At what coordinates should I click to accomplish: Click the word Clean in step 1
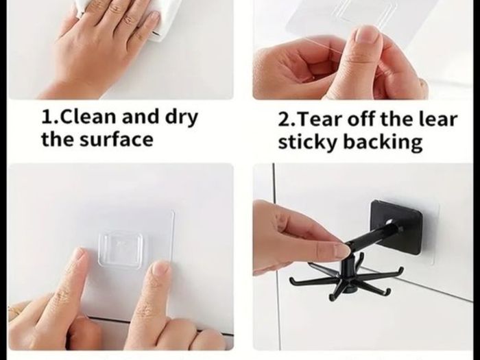pos(88,117)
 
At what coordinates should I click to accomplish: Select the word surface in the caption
pos(117,140)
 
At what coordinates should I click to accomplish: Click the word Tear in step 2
pos(318,119)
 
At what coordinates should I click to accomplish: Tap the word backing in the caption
pos(383,143)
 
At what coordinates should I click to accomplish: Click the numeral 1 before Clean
pos(46,117)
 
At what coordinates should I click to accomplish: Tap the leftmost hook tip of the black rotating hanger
pos(291,280)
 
